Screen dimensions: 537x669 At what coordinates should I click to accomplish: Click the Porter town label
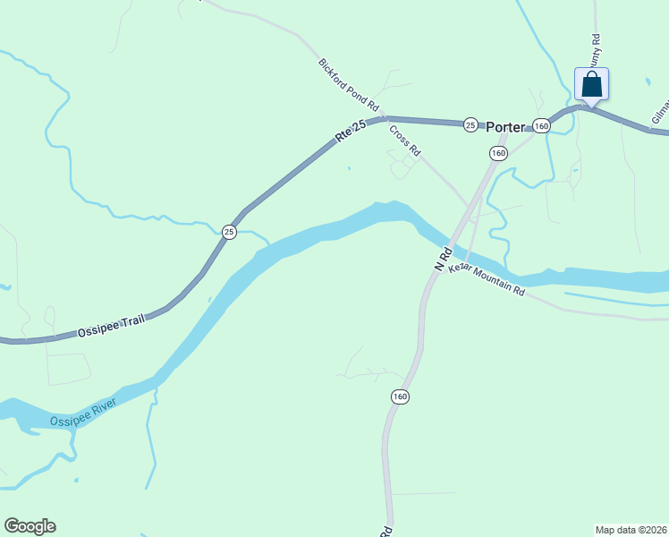click(505, 127)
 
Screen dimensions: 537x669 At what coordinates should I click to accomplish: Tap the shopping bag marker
click(591, 86)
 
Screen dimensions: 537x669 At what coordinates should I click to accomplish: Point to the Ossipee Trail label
click(112, 322)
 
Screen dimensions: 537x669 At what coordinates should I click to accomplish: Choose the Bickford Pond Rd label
click(350, 86)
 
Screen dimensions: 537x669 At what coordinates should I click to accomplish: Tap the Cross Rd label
click(404, 140)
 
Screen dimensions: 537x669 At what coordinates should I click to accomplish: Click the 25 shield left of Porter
click(470, 125)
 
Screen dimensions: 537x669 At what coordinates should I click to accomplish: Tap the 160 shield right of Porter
click(541, 126)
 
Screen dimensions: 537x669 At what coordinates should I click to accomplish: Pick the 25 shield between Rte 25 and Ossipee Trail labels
click(229, 232)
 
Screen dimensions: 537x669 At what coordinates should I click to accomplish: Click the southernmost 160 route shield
click(399, 396)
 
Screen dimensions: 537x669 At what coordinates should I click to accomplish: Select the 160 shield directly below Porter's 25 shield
click(498, 154)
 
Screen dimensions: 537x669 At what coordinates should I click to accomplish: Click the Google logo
click(30, 526)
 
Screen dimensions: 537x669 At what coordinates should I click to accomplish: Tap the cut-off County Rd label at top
click(596, 50)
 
